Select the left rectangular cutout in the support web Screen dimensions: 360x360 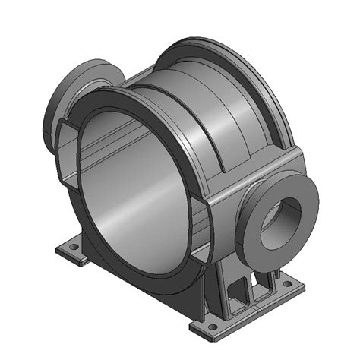tap(241, 290)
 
